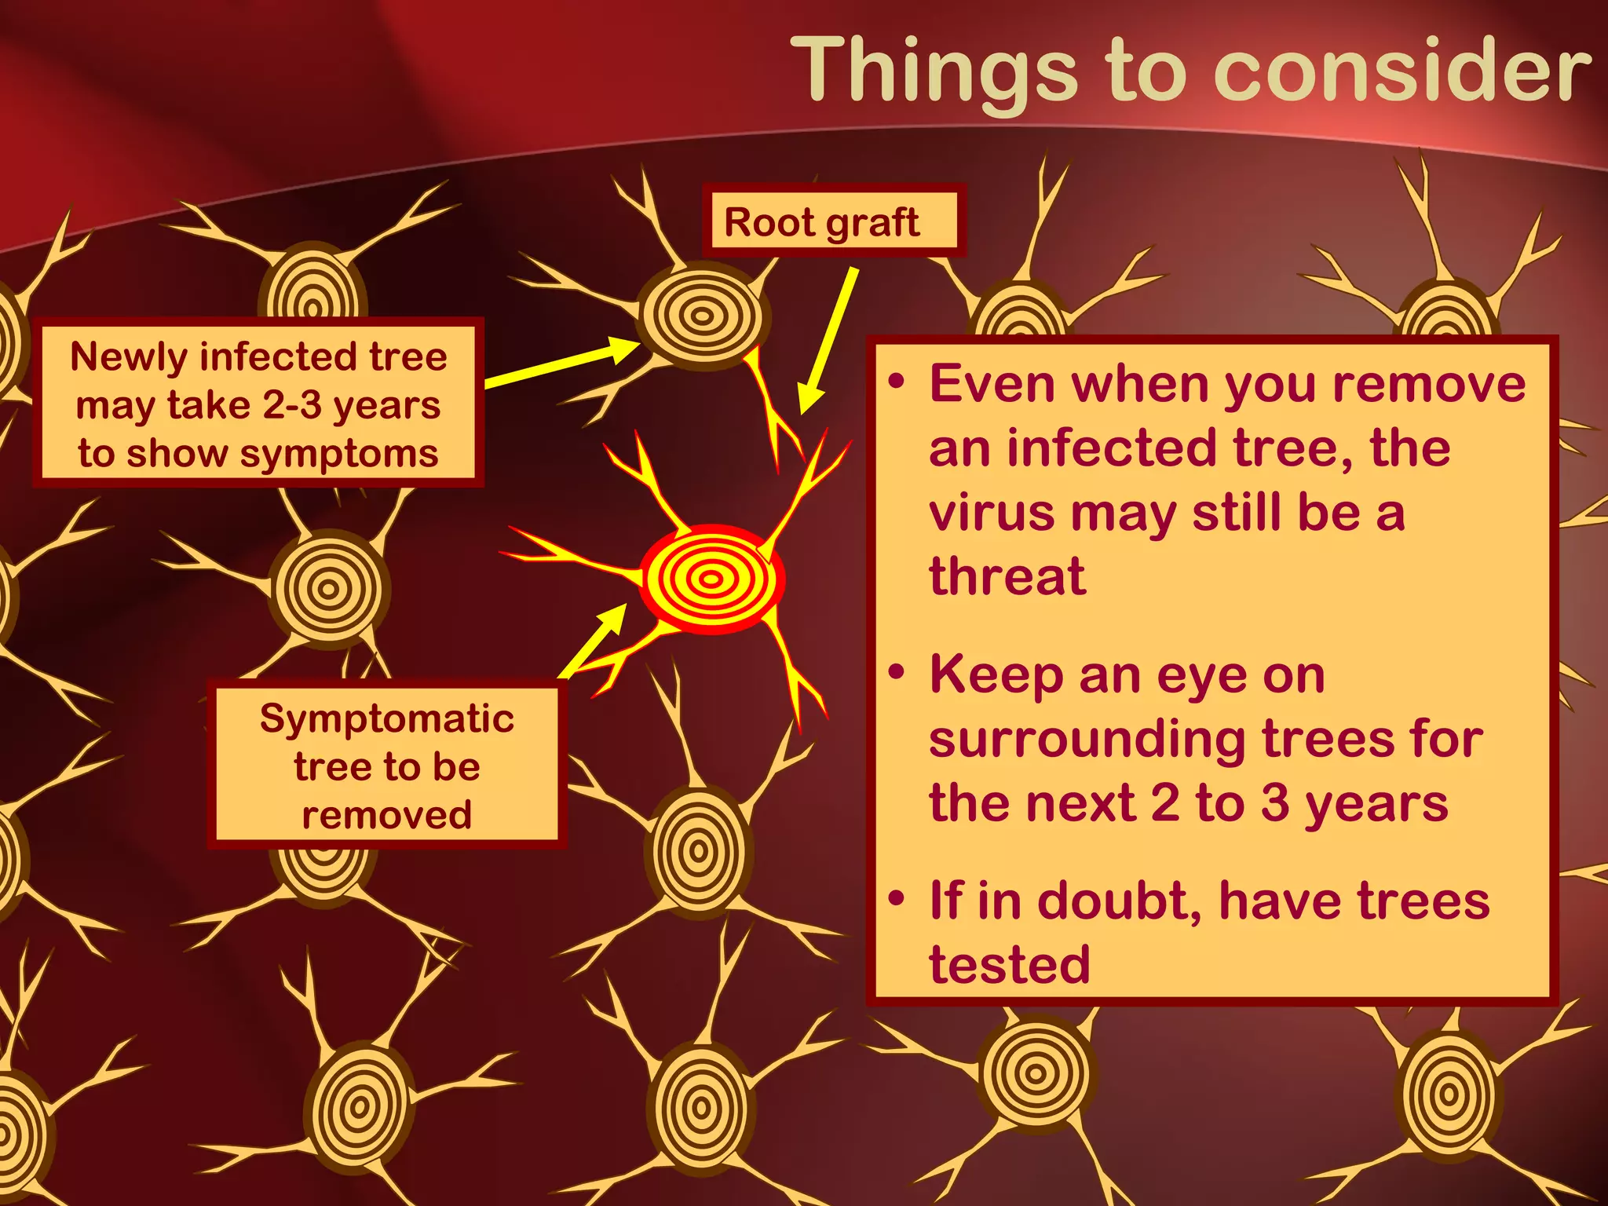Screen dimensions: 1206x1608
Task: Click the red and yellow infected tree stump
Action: coord(711,579)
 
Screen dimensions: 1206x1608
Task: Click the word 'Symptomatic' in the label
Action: coord(387,718)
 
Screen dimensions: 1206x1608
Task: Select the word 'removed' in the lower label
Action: coord(387,814)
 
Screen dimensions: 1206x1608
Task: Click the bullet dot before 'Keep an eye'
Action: coord(897,673)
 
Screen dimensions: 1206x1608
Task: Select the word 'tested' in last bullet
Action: coord(1010,964)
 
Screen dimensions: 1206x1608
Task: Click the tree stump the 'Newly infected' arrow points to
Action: coord(701,316)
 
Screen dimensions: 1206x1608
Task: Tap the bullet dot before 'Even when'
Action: coord(897,382)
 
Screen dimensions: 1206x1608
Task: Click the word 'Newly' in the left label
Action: coord(130,356)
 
